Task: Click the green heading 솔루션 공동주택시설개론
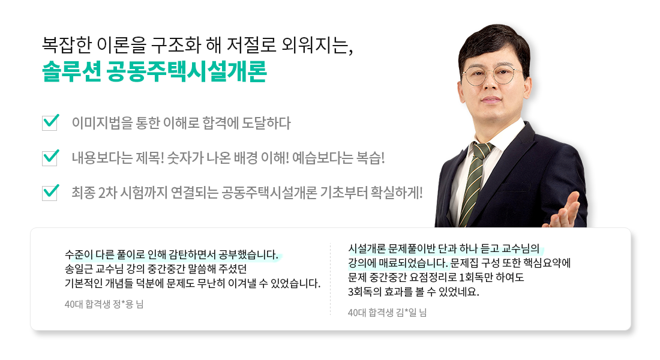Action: [x=154, y=71]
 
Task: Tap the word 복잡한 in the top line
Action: [x=67, y=45]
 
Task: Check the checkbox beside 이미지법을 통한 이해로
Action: [x=50, y=122]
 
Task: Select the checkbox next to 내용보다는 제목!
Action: [x=50, y=158]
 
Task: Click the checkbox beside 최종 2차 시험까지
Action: [x=50, y=193]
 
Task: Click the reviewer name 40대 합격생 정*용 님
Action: [x=104, y=304]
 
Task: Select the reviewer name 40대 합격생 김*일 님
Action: [x=387, y=313]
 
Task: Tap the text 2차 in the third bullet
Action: [x=107, y=193]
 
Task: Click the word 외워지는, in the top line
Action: [x=317, y=45]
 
